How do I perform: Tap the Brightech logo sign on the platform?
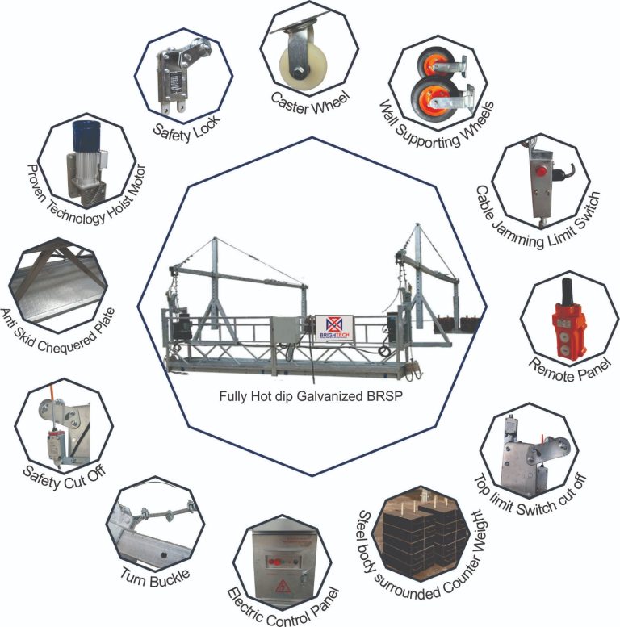click(334, 328)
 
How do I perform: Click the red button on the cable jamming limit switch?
click(541, 171)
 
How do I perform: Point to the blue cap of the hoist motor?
click(86, 136)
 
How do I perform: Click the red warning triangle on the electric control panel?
click(283, 587)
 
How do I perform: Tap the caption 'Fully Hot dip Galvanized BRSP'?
click(311, 396)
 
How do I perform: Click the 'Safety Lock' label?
click(187, 129)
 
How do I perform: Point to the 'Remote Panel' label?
click(570, 370)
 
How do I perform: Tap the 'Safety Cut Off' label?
click(65, 477)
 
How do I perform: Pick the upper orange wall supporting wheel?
click(431, 65)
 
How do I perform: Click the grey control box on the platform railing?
click(287, 330)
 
